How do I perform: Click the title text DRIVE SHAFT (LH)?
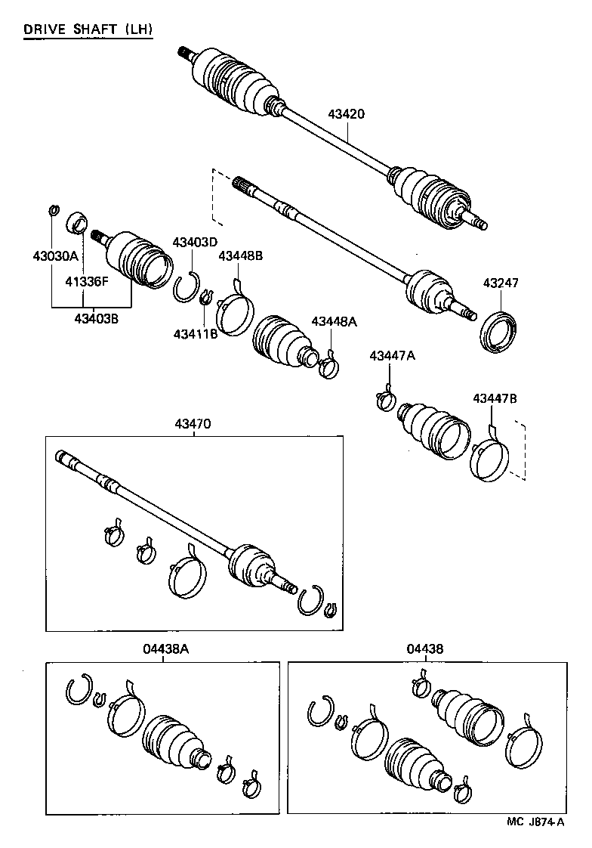[x=88, y=30]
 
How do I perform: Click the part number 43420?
[x=347, y=114]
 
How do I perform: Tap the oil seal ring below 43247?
[x=499, y=331]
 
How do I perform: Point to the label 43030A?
[x=51, y=255]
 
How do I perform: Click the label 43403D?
[x=195, y=242]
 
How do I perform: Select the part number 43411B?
[x=195, y=333]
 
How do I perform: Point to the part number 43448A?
[x=334, y=321]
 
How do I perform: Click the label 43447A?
[x=392, y=356]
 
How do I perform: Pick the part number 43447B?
[x=495, y=398]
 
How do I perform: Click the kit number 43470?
[x=196, y=425]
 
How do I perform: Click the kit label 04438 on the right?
[x=425, y=648]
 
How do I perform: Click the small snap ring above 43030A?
[x=54, y=209]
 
